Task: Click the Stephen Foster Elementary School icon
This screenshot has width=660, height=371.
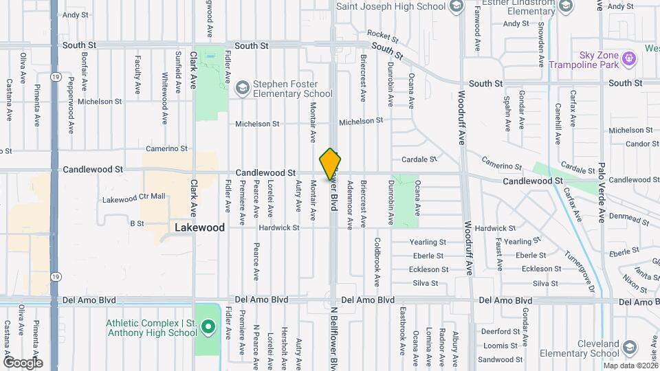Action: click(242, 88)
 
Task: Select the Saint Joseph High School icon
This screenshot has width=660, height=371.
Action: click(456, 6)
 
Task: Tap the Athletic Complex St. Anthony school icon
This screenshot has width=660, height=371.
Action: click(207, 329)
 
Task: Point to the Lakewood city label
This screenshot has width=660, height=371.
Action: click(199, 227)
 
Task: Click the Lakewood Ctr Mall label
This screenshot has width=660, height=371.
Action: click(133, 197)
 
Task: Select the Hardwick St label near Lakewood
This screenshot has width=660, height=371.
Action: click(279, 227)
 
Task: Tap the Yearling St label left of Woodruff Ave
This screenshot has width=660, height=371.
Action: click(428, 243)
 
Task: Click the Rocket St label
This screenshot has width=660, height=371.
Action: click(383, 34)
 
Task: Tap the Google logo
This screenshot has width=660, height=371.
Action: click(23, 363)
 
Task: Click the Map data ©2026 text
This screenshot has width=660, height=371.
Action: click(630, 366)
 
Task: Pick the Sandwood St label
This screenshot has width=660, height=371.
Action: click(496, 359)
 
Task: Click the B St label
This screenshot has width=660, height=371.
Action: click(137, 223)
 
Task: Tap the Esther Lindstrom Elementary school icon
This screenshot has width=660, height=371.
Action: click(564, 6)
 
